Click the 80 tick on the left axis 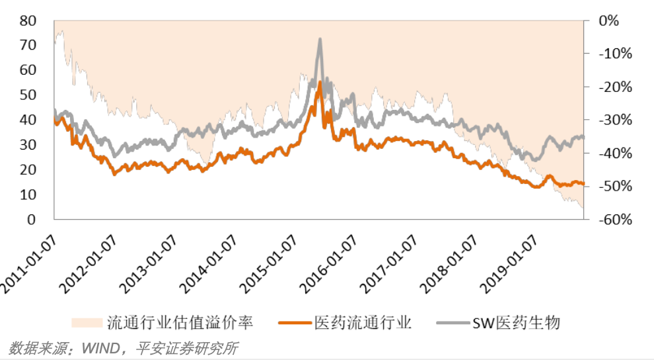click(x=27, y=21)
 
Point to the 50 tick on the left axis click(x=27, y=95)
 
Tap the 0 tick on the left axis click(x=31, y=219)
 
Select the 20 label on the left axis click(x=27, y=169)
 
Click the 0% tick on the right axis click(x=608, y=21)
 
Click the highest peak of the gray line click(x=320, y=40)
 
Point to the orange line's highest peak click(x=320, y=82)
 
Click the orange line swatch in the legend click(x=295, y=323)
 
